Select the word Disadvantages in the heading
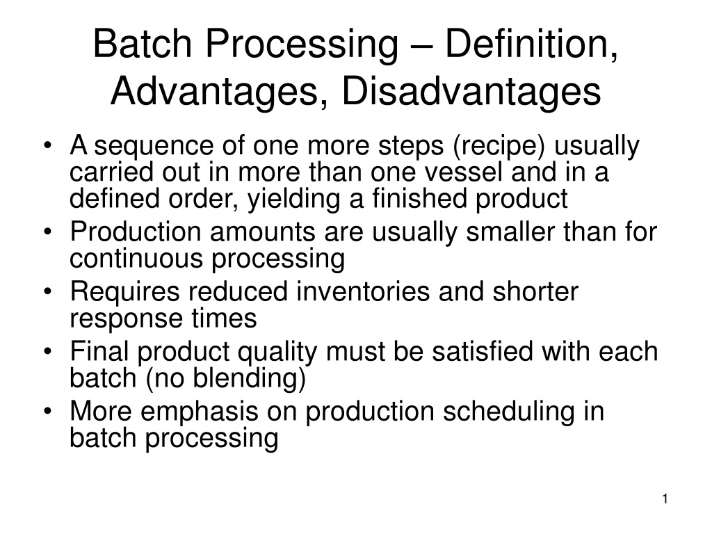coord(471,92)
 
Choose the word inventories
coord(363,291)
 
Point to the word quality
coord(277,353)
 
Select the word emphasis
coord(200,412)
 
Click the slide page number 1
coord(665,499)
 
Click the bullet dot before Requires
coord(48,292)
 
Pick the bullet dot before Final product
coord(48,352)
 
